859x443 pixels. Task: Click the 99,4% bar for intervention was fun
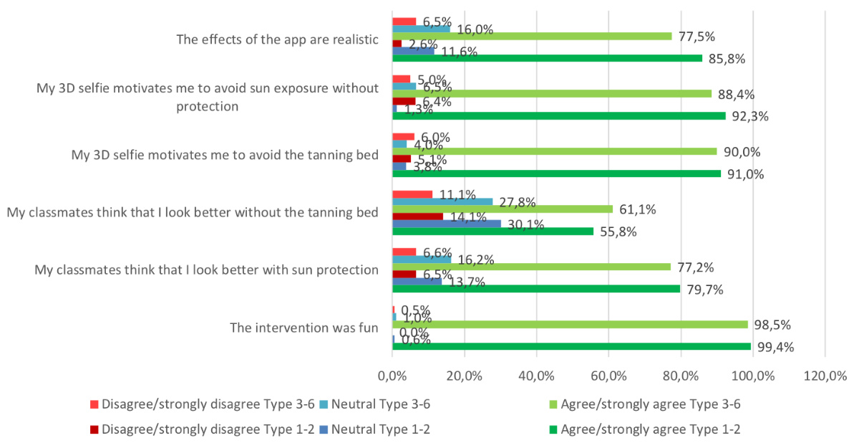click(571, 346)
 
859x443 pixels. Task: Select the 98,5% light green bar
click(570, 325)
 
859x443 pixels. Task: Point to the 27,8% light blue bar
click(442, 201)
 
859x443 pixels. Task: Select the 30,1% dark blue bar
click(447, 224)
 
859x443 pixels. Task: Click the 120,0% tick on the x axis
click(825, 375)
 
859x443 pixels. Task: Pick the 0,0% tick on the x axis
click(392, 375)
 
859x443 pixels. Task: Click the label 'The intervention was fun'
click(304, 328)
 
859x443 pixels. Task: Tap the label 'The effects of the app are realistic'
click(277, 39)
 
